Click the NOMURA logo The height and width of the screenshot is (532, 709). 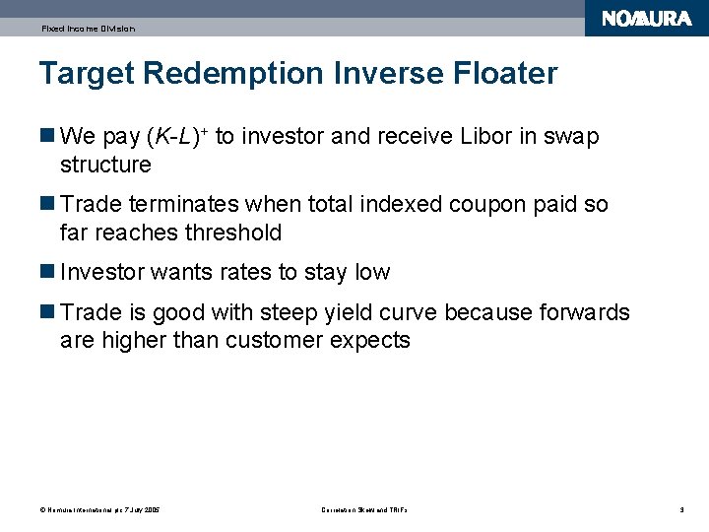[647, 19]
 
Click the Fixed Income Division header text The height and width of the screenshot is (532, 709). [88, 29]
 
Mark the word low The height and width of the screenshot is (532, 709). [372, 273]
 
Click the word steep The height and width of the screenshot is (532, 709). [288, 313]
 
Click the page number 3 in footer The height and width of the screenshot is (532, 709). [681, 509]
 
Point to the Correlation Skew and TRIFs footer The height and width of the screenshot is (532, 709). [364, 509]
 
